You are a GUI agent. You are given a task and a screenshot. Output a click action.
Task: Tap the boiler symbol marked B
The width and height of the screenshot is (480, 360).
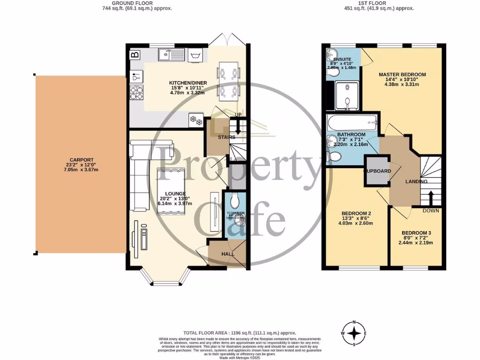[x=135, y=55]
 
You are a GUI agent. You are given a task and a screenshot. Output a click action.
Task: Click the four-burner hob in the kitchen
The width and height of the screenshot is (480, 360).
[x=136, y=92]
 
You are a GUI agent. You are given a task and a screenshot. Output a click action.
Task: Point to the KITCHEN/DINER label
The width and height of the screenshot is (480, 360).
[x=188, y=83]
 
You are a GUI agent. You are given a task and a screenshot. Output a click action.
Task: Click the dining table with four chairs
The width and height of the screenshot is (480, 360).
[x=229, y=81]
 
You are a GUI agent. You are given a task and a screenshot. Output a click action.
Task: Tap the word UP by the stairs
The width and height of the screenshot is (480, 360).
[x=239, y=115]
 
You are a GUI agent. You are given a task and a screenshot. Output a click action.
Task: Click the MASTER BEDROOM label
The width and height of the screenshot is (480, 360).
[x=402, y=75]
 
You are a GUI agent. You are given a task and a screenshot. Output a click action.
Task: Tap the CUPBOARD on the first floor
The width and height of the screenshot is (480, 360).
[x=378, y=171]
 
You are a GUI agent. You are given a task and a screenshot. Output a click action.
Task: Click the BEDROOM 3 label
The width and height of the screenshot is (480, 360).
[x=416, y=233]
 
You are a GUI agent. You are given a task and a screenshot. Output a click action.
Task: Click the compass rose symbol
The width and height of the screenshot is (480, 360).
[x=355, y=333]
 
